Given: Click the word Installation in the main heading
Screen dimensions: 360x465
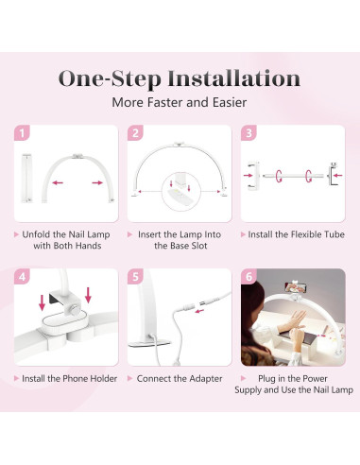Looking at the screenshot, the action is (233, 78).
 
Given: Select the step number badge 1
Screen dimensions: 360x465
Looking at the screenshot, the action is (22, 133).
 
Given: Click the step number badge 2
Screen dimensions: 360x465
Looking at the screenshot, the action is (135, 133).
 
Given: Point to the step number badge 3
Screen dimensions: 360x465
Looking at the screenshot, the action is (249, 133).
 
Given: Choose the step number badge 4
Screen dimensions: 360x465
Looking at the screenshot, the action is (22, 277).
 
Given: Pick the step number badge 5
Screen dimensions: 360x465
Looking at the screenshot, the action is (135, 277).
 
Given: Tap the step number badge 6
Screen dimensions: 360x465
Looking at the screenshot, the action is (249, 277).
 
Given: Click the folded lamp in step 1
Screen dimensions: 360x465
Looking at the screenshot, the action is (26, 178).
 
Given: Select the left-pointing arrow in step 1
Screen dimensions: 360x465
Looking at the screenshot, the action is (58, 182).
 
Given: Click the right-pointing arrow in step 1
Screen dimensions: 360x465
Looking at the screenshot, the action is (97, 182).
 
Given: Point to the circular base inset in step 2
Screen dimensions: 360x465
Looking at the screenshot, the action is (181, 192).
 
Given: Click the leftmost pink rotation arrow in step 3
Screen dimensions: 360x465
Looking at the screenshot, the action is (279, 176).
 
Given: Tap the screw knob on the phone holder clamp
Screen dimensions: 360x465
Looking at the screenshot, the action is (75, 310).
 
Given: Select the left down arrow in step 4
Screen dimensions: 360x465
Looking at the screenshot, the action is (42, 302).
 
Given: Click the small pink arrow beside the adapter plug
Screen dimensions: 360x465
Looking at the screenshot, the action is (199, 311).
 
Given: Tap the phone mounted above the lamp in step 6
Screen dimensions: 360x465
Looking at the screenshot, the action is (296, 287).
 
